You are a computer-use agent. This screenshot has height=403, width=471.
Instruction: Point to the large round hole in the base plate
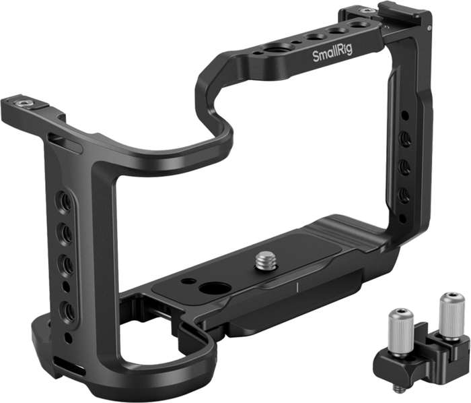[214, 288]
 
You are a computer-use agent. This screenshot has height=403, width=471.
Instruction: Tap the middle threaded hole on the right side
[404, 165]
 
